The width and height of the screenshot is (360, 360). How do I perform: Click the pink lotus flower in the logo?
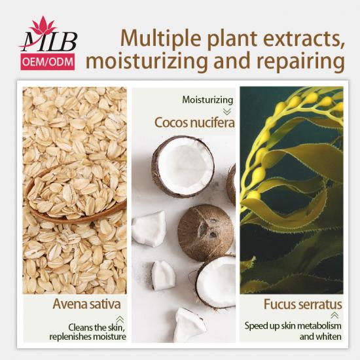coord(43,26)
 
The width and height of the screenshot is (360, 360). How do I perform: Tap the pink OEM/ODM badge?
coord(48,62)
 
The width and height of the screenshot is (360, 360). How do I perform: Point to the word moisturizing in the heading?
coord(147,61)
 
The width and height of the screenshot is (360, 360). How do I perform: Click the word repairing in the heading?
coord(300,61)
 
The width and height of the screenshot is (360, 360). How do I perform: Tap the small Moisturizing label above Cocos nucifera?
coord(207,100)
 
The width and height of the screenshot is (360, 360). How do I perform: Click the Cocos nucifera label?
coord(194,122)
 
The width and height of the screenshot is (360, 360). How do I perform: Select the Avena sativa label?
coord(86,304)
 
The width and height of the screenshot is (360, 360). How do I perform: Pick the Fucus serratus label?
coord(303,304)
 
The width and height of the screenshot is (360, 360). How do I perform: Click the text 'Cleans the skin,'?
coord(96,327)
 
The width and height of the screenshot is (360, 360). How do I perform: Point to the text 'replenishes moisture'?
coord(88,337)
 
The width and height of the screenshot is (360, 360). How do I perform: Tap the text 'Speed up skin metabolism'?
coord(293,326)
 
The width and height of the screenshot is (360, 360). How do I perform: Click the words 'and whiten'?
coord(321,337)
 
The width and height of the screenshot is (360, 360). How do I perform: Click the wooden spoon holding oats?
coord(76,193)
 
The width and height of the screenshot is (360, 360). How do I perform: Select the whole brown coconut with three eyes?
coord(206,232)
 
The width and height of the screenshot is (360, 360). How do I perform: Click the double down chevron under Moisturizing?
coord(227,112)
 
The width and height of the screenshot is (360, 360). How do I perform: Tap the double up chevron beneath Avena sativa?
coord(120,319)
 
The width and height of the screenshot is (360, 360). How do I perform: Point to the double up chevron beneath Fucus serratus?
coord(334,315)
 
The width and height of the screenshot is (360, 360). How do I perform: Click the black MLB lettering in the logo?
coord(49,42)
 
